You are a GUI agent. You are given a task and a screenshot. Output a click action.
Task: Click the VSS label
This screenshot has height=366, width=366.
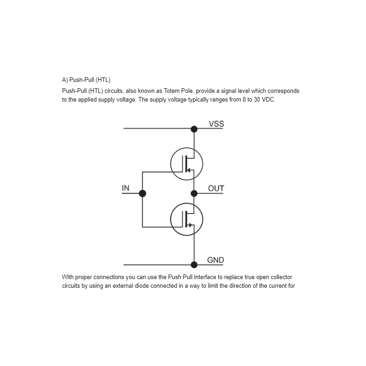(216, 124)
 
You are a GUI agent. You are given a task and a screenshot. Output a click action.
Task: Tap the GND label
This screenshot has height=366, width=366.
(215, 260)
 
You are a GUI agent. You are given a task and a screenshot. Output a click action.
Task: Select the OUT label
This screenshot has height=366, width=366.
(216, 188)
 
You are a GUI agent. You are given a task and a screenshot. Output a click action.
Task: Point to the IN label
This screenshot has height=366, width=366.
(125, 188)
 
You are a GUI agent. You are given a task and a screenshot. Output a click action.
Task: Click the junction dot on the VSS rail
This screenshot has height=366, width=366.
(194, 129)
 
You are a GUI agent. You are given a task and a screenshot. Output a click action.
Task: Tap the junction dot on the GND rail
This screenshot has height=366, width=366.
(194, 265)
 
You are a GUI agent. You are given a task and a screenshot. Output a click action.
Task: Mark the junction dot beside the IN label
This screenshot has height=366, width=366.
(142, 194)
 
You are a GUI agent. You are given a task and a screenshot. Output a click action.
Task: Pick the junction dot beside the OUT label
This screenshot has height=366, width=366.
(194, 194)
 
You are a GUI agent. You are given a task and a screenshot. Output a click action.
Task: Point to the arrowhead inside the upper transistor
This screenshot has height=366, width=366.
(189, 170)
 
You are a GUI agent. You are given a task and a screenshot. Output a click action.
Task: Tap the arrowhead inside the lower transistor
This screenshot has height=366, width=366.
(190, 225)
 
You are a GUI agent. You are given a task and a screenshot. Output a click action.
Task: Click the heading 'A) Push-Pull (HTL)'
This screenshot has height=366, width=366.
(86, 80)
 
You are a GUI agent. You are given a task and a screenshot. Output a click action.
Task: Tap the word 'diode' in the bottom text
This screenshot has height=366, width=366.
(142, 286)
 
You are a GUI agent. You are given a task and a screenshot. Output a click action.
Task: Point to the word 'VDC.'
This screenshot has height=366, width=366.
(269, 100)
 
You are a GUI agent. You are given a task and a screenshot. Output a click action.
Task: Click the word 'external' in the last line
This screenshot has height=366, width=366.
(123, 286)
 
